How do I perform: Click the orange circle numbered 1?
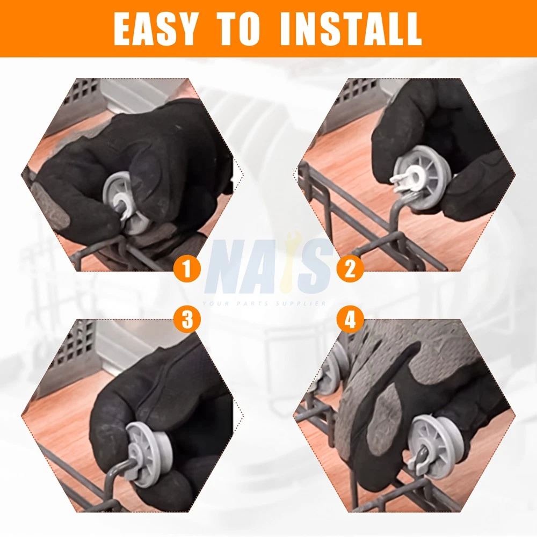187,269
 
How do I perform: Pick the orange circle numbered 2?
350,269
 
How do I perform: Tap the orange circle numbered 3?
187,320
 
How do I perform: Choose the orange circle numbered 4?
350,320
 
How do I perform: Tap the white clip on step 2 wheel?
404,180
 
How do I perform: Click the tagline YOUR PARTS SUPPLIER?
264,303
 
